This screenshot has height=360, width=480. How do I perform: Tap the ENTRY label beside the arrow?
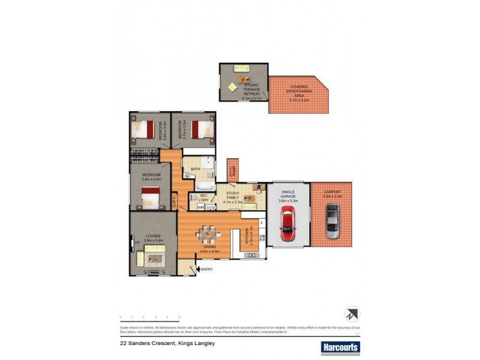click(207, 269)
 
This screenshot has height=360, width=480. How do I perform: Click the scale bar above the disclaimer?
click(150, 316)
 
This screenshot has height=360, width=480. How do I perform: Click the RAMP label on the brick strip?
click(232, 171)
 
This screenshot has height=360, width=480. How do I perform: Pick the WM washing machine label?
click(200, 207)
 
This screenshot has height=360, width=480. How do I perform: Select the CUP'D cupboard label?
click(175, 200)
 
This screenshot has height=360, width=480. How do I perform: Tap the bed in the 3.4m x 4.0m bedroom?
click(150, 197)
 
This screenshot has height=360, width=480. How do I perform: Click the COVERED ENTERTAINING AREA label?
click(299, 93)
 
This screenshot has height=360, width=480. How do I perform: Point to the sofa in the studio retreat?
click(242, 67)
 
